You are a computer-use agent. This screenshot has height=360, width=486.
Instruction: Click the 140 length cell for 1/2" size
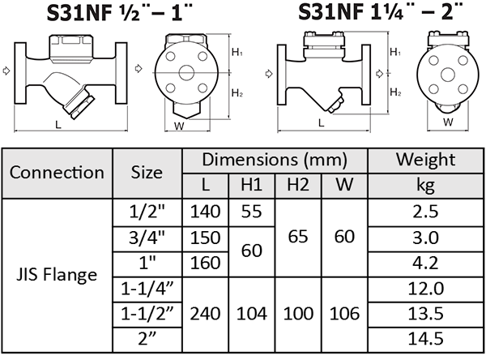(x=205, y=212)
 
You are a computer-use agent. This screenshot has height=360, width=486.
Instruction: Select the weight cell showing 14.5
(x=425, y=339)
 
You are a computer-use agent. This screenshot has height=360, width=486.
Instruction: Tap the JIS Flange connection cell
(x=57, y=276)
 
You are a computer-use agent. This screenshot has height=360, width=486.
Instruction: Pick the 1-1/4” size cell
(x=147, y=289)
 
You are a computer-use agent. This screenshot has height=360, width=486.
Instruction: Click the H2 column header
(x=298, y=186)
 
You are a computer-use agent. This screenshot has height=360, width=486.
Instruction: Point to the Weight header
(x=425, y=161)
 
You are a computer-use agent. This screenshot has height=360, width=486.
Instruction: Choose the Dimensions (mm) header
(x=275, y=161)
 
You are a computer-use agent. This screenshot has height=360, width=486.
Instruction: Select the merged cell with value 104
(x=252, y=314)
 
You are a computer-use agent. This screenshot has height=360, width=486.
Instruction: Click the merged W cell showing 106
(x=344, y=314)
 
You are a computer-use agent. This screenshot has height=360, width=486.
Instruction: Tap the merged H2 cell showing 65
(x=298, y=238)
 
